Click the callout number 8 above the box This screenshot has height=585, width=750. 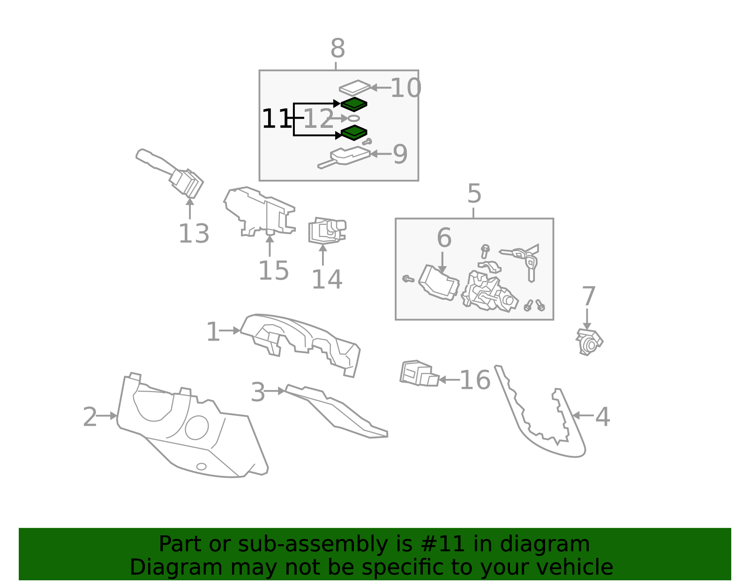337,49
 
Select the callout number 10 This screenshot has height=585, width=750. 405,88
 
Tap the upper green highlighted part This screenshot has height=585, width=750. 354,104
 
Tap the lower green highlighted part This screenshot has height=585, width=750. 354,133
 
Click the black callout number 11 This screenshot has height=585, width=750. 275,119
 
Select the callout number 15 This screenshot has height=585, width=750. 273,270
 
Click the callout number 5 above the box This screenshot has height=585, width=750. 474,193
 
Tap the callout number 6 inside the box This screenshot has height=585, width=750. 443,237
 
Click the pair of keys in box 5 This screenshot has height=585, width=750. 523,258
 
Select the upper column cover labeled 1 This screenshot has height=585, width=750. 300,342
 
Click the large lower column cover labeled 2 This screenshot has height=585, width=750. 192,431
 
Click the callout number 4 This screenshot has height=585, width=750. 602,416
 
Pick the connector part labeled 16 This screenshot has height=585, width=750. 419,373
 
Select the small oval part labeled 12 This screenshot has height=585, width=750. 354,118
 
